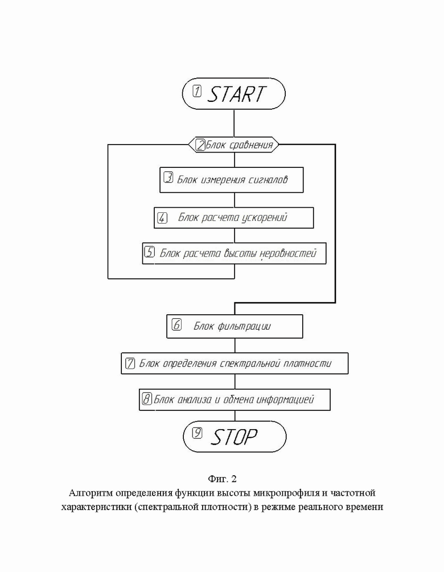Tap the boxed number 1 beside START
point(197,91)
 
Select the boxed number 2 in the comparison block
point(201,145)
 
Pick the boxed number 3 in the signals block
point(168,178)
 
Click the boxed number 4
point(162,218)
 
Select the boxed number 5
point(150,252)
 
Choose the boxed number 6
point(176,324)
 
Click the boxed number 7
point(130,363)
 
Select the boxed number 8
point(147,399)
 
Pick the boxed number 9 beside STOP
point(198,433)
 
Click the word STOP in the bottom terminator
point(234,437)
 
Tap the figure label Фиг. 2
point(222,478)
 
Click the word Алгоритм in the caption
point(91,493)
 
